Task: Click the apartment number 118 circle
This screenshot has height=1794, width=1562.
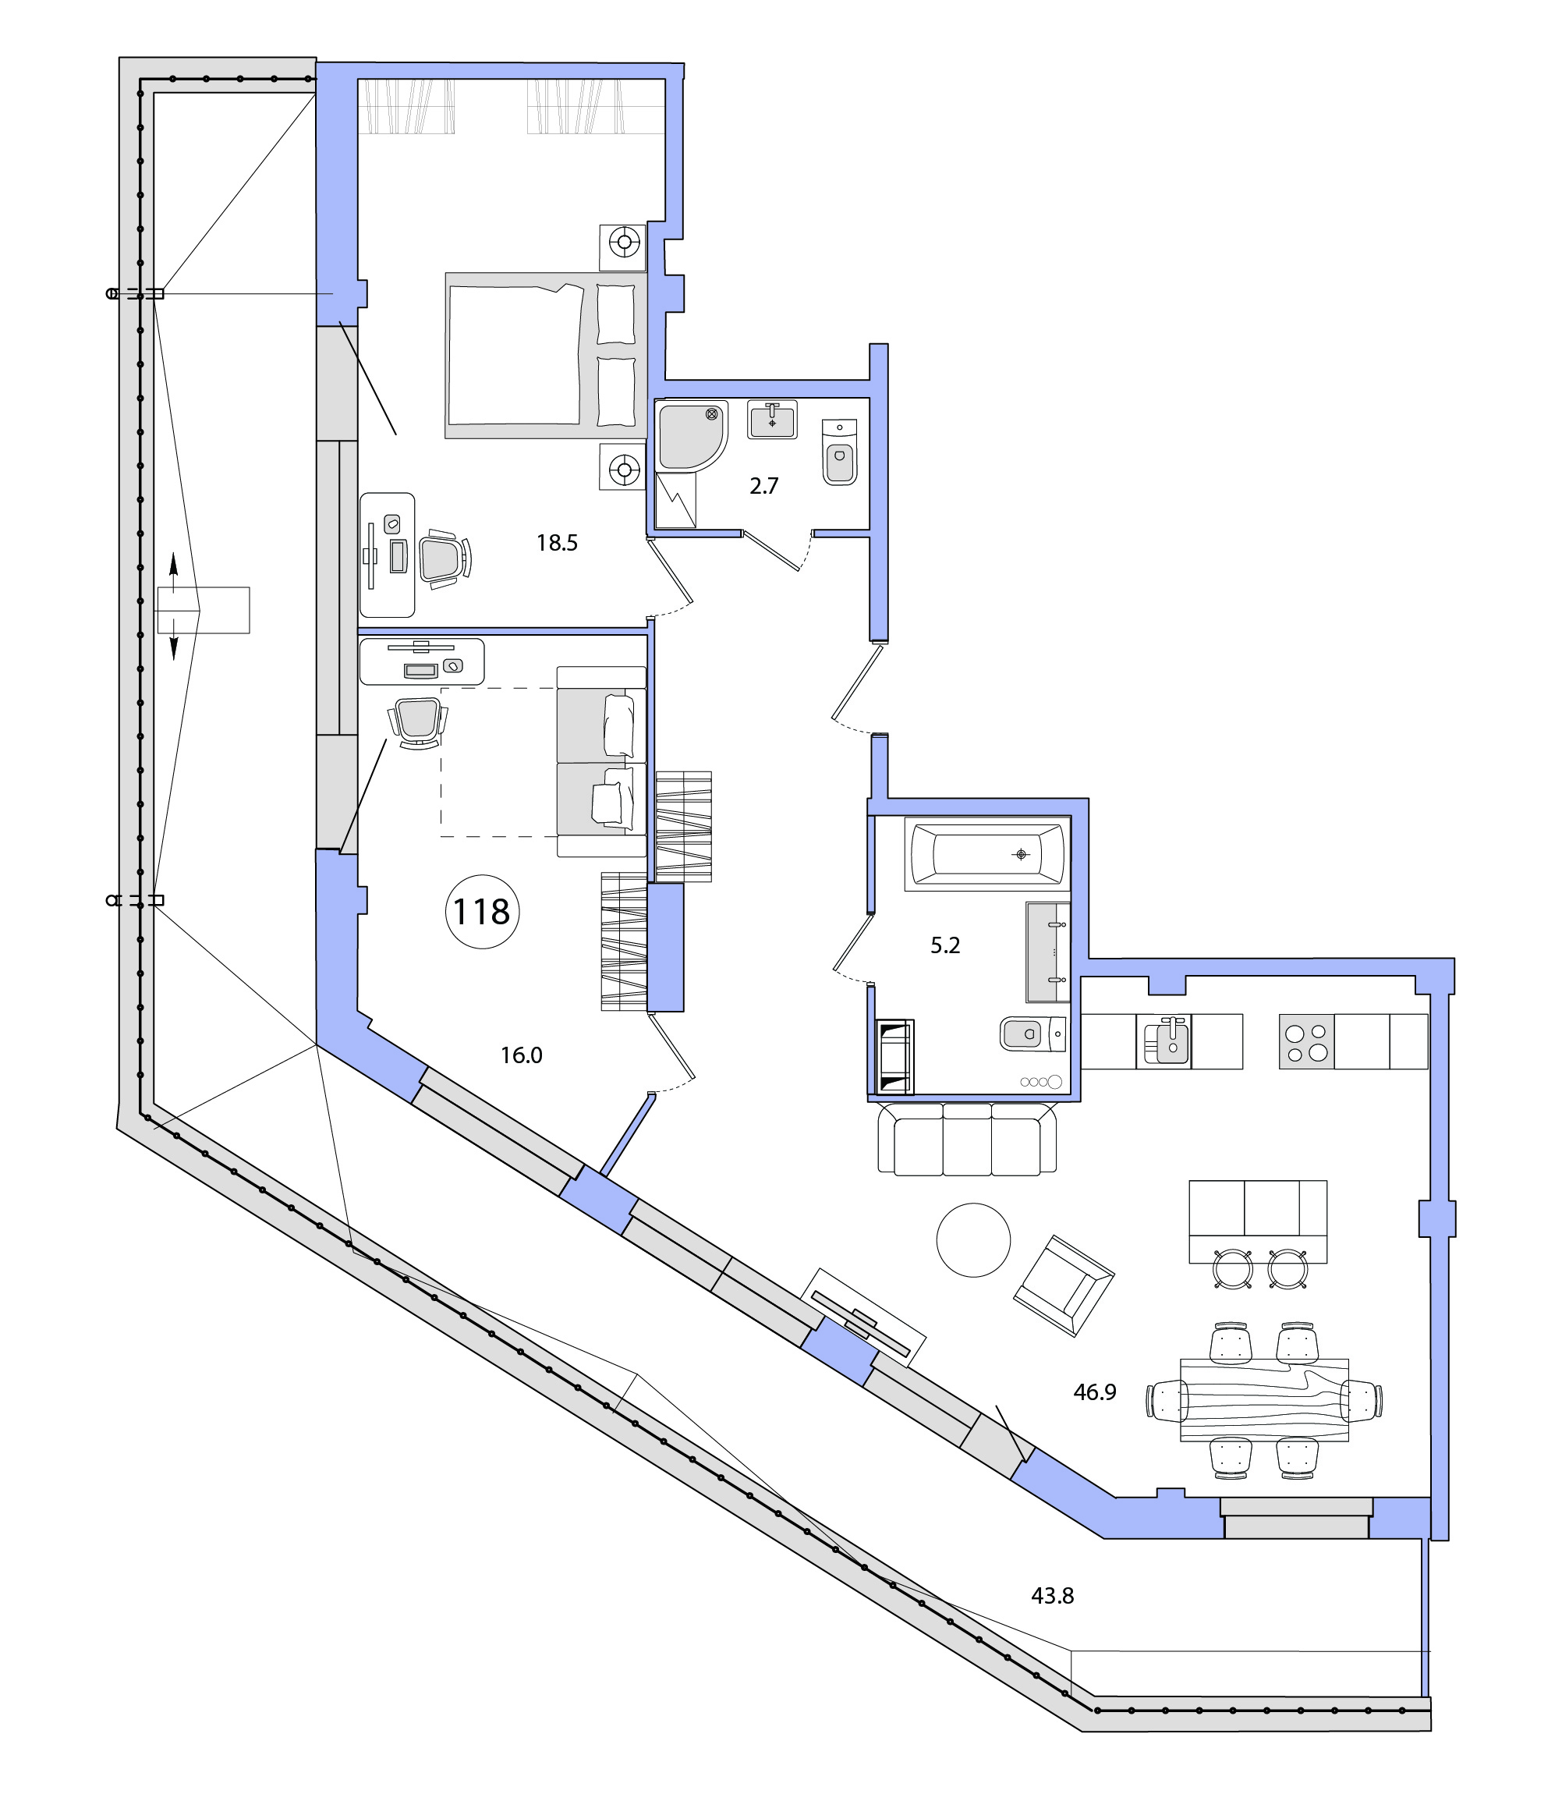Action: [x=482, y=912]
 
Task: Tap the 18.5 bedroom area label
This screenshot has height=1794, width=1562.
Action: [x=557, y=543]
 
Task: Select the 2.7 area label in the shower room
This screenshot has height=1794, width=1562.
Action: [x=763, y=485]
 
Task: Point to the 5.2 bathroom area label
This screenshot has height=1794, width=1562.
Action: [x=945, y=945]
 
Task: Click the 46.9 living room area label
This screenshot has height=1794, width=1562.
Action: [x=1095, y=1392]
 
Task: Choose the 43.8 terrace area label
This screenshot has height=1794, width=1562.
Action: [x=1052, y=1596]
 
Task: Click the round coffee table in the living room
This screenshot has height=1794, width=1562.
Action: [x=974, y=1239]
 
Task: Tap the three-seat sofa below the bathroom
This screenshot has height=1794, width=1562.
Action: [x=967, y=1139]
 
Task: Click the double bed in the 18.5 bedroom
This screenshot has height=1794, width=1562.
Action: [x=547, y=356]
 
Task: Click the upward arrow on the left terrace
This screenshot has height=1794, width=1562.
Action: [x=173, y=573]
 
